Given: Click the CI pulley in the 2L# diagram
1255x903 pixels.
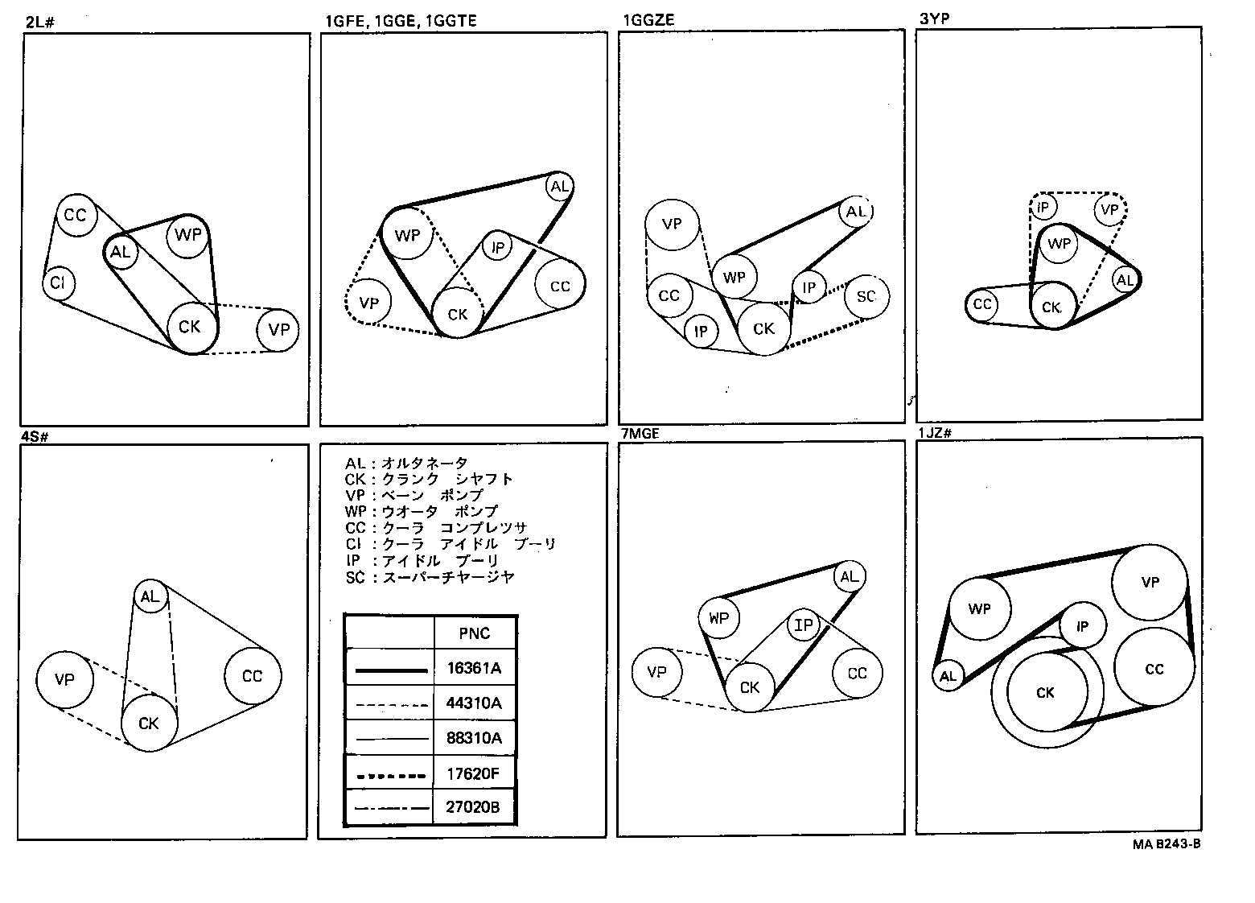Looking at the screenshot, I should [58, 283].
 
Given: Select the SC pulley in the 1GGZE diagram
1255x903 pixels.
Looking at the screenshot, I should [866, 296].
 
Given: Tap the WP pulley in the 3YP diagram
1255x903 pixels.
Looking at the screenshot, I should [1059, 243].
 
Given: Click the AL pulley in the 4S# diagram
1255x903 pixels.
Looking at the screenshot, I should [150, 596].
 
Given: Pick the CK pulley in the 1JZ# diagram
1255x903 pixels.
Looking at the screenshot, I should [1045, 693].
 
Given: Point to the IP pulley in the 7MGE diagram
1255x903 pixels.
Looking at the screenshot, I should [803, 625].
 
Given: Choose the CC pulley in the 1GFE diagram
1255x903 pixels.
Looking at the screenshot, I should [560, 286].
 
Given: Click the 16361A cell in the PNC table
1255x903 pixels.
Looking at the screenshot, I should [475, 667].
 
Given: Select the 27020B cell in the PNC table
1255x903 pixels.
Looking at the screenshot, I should [475, 806].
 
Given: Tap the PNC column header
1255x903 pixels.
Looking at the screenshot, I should [475, 633].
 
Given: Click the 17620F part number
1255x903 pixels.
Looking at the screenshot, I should [475, 773].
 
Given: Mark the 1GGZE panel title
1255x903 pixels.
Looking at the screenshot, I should [648, 19].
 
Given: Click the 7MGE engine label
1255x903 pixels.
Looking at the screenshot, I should [640, 434].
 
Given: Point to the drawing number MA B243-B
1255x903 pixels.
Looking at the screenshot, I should [1167, 844].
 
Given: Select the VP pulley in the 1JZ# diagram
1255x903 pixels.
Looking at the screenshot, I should [1150, 582].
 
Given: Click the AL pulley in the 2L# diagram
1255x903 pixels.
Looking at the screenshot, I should [120, 253].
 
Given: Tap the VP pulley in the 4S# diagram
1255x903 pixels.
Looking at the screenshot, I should [64, 679].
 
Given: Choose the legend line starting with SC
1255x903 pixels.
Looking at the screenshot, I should [430, 577].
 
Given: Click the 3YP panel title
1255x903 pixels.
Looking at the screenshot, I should [934, 19].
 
